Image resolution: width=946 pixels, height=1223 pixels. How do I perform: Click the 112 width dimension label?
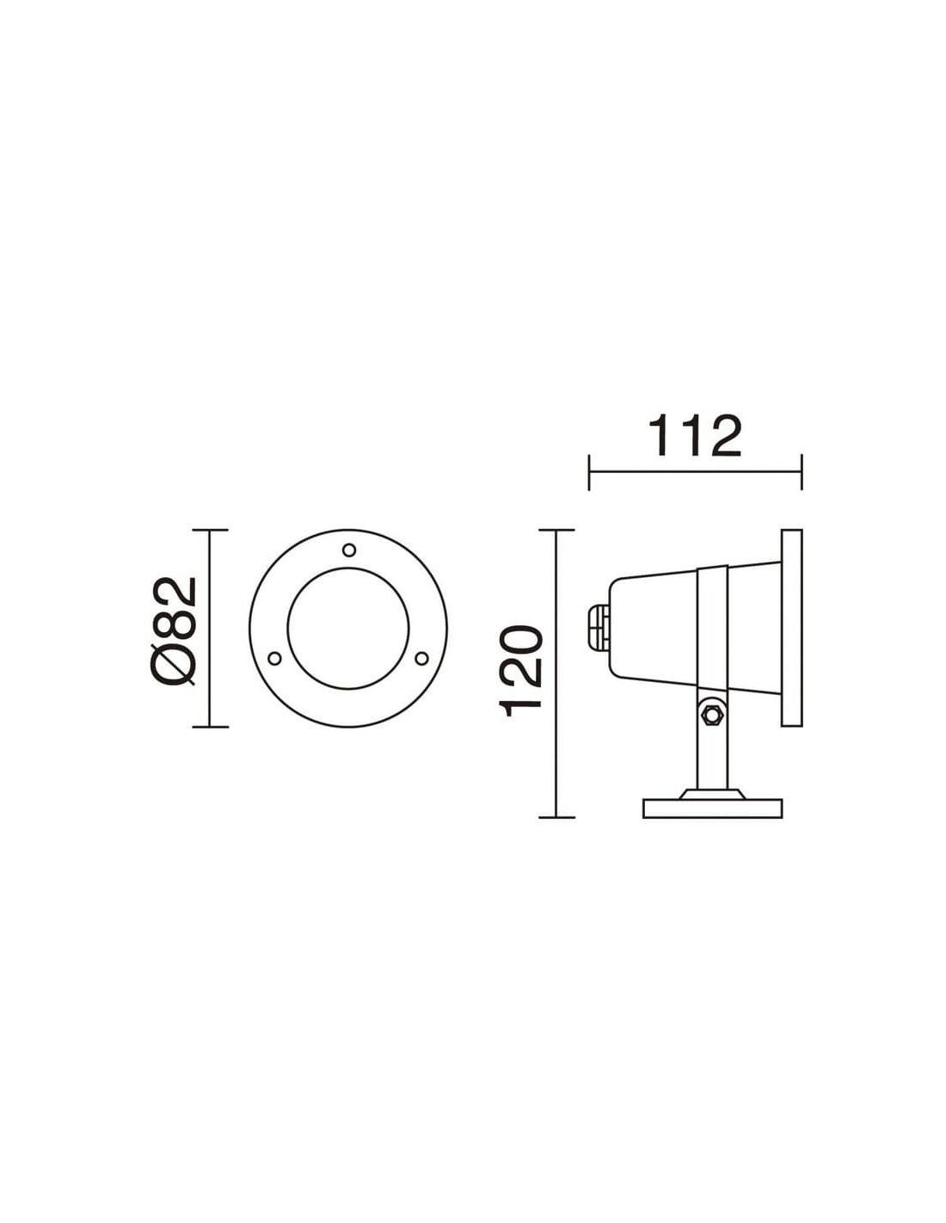tap(695, 437)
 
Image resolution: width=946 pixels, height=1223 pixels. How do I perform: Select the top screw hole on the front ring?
tap(349, 550)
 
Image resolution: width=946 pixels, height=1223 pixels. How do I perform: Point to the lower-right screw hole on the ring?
tap(421, 657)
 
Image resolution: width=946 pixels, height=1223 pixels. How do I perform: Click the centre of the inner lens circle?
tap(348, 628)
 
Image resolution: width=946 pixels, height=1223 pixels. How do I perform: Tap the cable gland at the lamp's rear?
tap(599, 628)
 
